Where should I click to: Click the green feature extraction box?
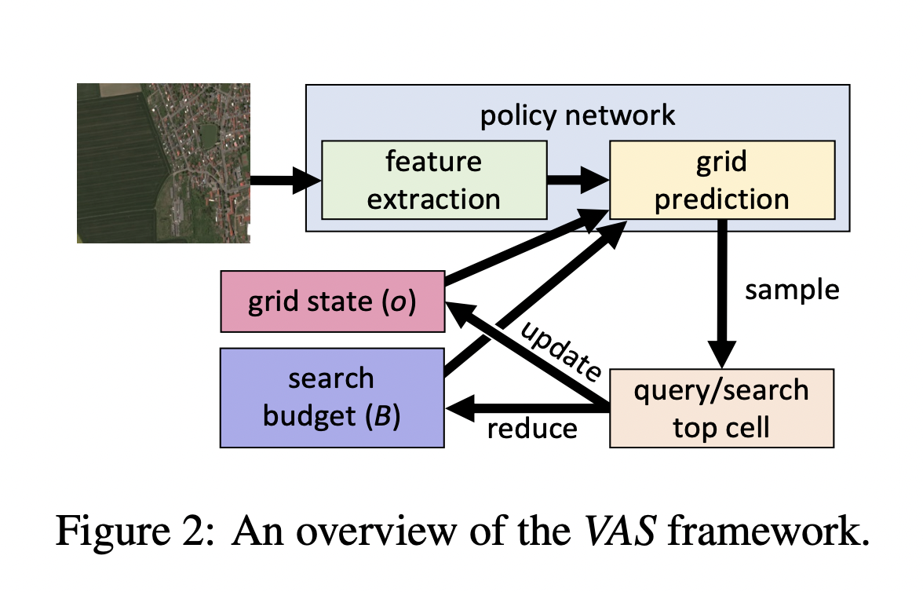pos(433,180)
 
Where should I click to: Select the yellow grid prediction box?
pos(721,180)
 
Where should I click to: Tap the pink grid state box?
pos(332,301)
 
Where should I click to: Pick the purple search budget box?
pos(332,397)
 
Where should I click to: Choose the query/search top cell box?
pos(721,408)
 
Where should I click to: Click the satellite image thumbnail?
pos(163,163)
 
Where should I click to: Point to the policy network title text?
pos(577,115)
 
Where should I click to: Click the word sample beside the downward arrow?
pos(792,290)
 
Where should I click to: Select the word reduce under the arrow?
pos(532,429)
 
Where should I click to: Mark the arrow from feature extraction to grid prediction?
pos(578,180)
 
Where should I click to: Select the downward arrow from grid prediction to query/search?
pos(722,291)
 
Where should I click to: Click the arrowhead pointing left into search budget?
pos(460,407)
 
